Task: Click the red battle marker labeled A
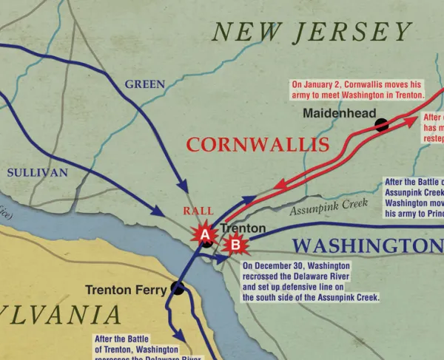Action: pos(204,234)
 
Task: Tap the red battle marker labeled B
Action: pos(234,242)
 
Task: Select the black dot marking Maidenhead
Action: pos(382,125)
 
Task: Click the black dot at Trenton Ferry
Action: pos(177,289)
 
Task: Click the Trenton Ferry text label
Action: pos(126,290)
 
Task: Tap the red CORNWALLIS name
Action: pos(258,145)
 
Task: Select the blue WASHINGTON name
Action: pos(367,246)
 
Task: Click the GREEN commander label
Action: pos(144,84)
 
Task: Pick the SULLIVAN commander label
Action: pos(37,172)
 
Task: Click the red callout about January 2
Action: pos(357,89)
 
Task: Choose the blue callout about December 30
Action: pos(311,281)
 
